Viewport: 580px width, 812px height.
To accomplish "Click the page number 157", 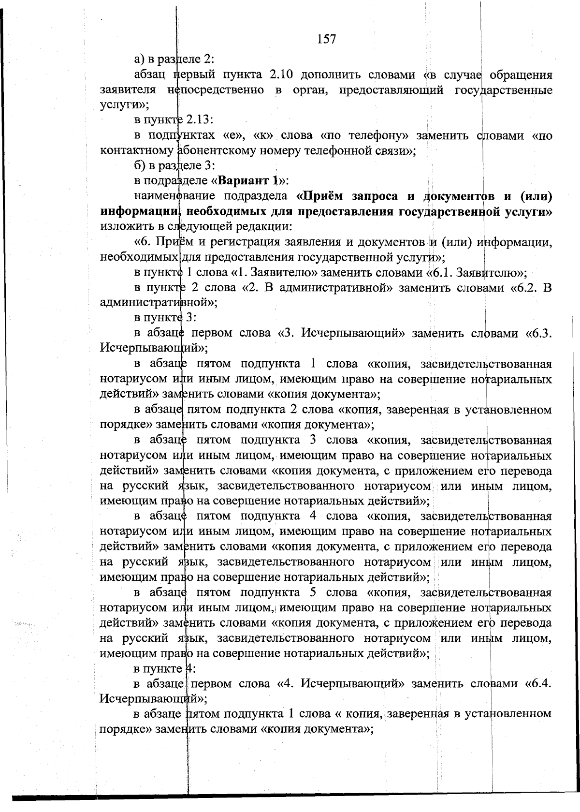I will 326,39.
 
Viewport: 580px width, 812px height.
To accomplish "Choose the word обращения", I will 521,75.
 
